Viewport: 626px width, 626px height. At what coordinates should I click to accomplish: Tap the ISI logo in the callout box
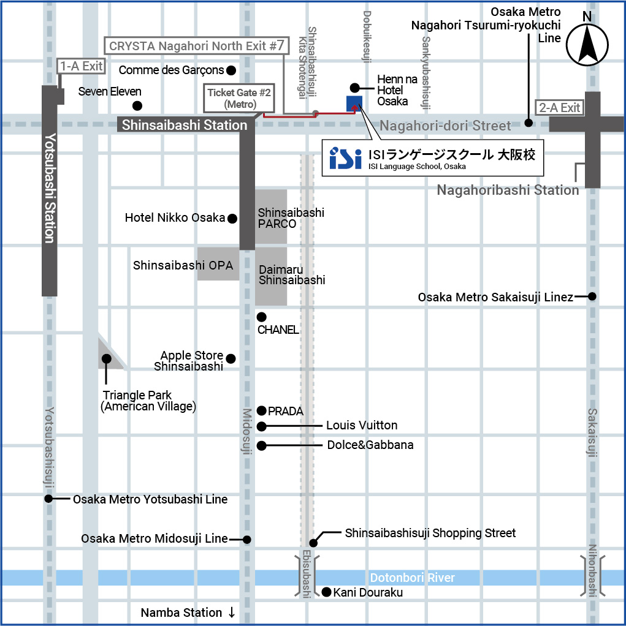(x=345, y=158)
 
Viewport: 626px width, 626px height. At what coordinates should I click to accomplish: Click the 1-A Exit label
(x=81, y=66)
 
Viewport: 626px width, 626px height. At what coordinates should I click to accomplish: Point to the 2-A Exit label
(x=559, y=108)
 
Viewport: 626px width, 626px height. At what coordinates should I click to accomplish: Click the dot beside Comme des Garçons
(x=231, y=70)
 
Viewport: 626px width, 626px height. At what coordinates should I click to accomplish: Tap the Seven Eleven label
(x=110, y=91)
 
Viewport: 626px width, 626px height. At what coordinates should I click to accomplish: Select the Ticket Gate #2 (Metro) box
(x=239, y=98)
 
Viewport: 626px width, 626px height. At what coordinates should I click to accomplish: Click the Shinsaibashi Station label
(x=185, y=125)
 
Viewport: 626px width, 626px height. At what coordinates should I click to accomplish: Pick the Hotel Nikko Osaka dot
(x=232, y=218)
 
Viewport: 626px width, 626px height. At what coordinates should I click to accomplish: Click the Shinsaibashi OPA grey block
(x=218, y=264)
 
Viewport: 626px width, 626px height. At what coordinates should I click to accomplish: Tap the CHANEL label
(x=278, y=330)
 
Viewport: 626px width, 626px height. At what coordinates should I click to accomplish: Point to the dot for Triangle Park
(x=106, y=358)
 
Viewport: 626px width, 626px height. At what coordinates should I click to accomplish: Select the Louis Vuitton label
(x=362, y=425)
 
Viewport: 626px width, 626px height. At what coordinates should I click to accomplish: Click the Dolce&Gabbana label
(x=370, y=445)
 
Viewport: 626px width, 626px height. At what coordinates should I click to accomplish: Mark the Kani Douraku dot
(x=327, y=592)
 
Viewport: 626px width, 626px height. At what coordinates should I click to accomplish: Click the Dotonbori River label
(x=412, y=578)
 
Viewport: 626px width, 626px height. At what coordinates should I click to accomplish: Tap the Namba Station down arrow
(x=232, y=613)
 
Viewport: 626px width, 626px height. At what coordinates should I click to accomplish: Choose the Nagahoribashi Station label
(x=508, y=190)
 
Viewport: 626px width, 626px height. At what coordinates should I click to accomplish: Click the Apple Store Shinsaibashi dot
(x=231, y=358)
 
